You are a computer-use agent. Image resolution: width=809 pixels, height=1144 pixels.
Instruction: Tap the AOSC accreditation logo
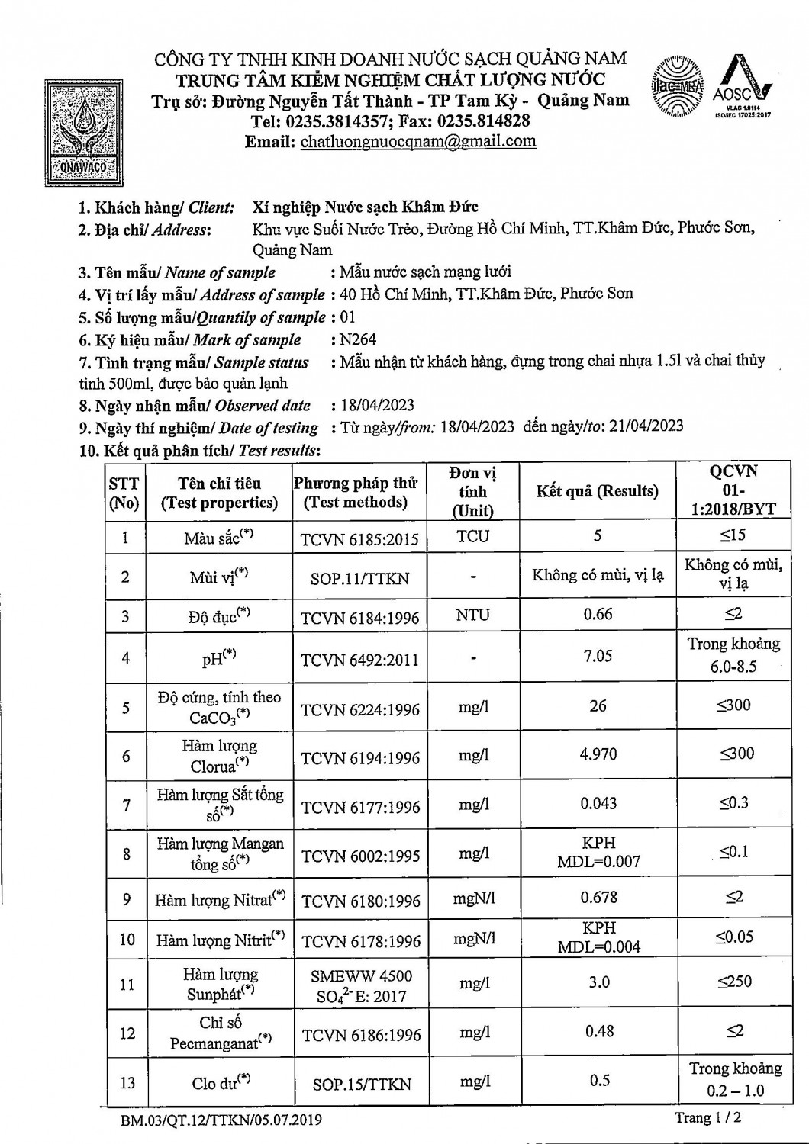(742, 86)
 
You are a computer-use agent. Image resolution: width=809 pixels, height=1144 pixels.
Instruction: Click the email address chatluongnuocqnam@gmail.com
(418, 142)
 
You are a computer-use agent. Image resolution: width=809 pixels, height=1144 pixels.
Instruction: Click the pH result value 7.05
(597, 656)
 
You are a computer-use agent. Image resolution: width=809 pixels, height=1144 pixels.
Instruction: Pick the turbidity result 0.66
(597, 614)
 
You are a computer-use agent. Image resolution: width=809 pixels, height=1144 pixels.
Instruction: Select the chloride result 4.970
(598, 754)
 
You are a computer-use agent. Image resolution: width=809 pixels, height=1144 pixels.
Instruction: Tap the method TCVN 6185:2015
(359, 539)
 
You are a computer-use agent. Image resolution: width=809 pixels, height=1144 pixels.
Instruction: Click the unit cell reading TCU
(472, 536)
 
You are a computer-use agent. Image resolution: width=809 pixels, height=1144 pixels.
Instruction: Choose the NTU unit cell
(472, 615)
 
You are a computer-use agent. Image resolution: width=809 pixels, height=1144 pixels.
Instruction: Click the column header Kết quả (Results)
(597, 490)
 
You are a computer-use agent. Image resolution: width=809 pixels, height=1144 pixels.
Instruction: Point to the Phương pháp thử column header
(356, 493)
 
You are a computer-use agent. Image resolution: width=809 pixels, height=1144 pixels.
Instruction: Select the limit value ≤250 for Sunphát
(734, 982)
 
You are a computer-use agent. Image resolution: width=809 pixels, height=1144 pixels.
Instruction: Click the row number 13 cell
(126, 1082)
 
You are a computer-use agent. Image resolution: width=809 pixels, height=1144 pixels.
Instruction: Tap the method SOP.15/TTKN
(361, 1084)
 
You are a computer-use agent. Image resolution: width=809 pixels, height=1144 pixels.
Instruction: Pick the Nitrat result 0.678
(598, 898)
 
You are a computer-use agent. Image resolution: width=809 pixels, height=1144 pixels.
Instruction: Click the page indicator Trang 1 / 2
(707, 1118)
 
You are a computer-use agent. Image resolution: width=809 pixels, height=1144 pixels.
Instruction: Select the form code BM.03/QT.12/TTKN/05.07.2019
(221, 1120)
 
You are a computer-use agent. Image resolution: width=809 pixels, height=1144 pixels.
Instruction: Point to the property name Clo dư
(220, 1081)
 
